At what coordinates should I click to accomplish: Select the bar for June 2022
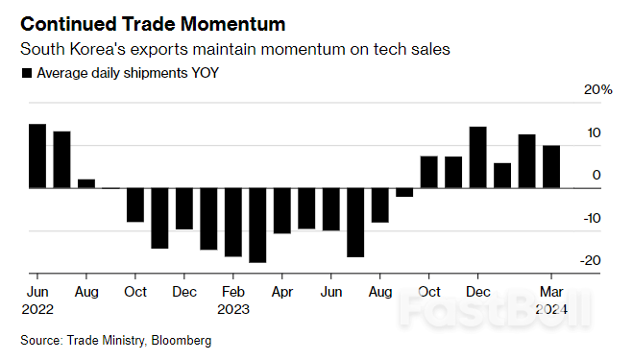[x=37, y=156]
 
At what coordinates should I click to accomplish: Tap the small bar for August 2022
[x=86, y=183]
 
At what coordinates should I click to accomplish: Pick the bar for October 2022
[x=135, y=204]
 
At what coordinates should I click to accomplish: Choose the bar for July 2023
[x=355, y=222]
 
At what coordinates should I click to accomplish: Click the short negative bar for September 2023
[x=404, y=192]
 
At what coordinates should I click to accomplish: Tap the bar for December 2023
[x=477, y=156]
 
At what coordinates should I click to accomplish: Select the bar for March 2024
[x=551, y=166]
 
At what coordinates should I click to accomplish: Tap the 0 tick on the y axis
[x=597, y=175]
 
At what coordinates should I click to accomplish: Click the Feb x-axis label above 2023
[x=232, y=291]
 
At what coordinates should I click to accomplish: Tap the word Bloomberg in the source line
[x=178, y=341]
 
